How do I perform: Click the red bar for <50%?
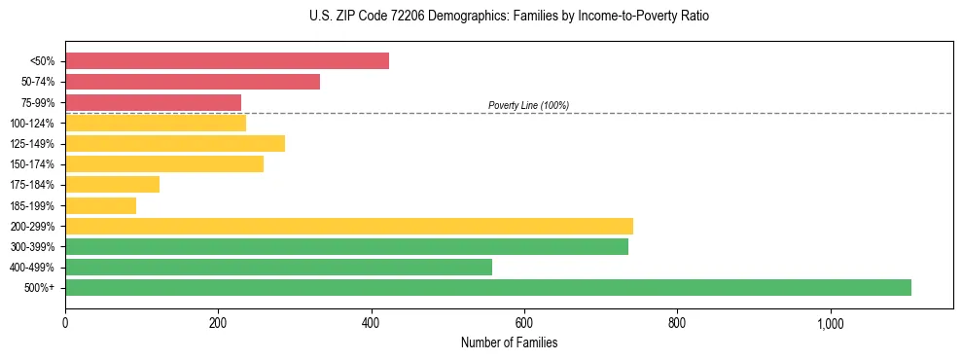(227, 61)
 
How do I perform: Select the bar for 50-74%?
(193, 82)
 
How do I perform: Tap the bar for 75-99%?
(153, 102)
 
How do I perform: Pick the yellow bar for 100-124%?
(156, 123)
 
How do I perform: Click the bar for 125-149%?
(175, 143)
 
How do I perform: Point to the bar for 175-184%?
(112, 184)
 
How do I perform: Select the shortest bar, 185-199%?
(100, 205)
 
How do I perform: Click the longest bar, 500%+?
(488, 287)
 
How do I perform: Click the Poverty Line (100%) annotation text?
(528, 105)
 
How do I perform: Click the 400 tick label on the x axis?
(371, 324)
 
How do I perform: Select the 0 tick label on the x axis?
(65, 324)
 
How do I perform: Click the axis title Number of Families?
(509, 342)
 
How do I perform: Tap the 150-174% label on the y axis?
(32, 164)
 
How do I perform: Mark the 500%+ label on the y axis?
(40, 288)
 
